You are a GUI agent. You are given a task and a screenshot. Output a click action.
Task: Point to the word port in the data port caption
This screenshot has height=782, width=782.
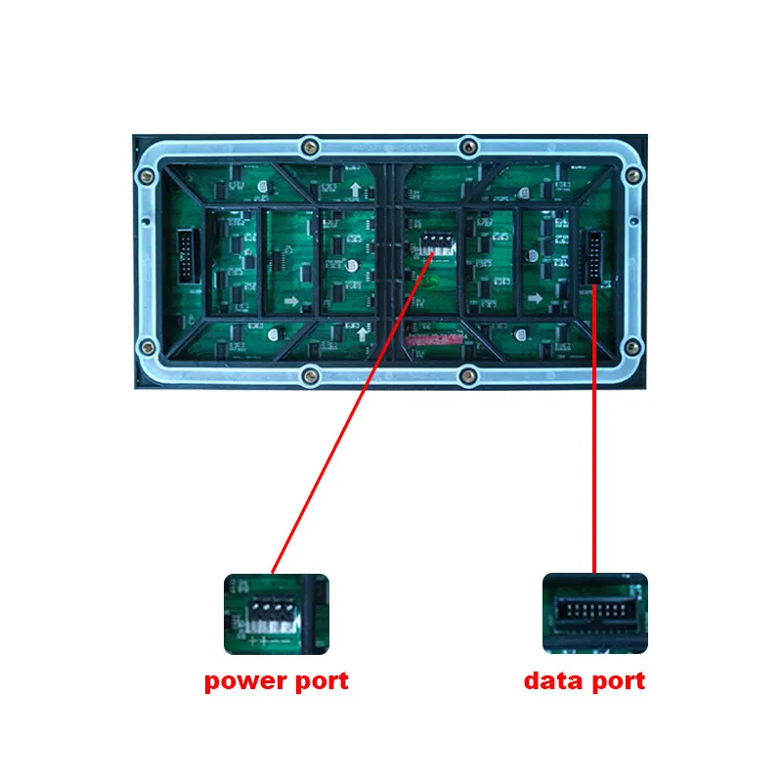616,680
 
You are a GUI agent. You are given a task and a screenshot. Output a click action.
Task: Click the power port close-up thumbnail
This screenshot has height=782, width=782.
277,614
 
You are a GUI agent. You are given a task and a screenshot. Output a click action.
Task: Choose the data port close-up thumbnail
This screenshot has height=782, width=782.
594,613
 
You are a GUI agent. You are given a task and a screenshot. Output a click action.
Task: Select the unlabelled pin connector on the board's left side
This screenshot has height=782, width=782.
186,259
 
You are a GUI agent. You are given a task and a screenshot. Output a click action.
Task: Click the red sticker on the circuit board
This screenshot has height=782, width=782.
433,341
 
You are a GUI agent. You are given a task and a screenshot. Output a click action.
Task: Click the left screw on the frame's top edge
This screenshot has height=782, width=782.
310,147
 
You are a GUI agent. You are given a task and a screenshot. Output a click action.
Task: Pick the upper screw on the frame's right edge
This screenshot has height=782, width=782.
633,177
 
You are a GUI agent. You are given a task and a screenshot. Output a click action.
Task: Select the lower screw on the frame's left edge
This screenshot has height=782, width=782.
147,345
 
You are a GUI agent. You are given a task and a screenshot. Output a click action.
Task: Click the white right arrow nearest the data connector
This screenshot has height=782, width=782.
534,298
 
